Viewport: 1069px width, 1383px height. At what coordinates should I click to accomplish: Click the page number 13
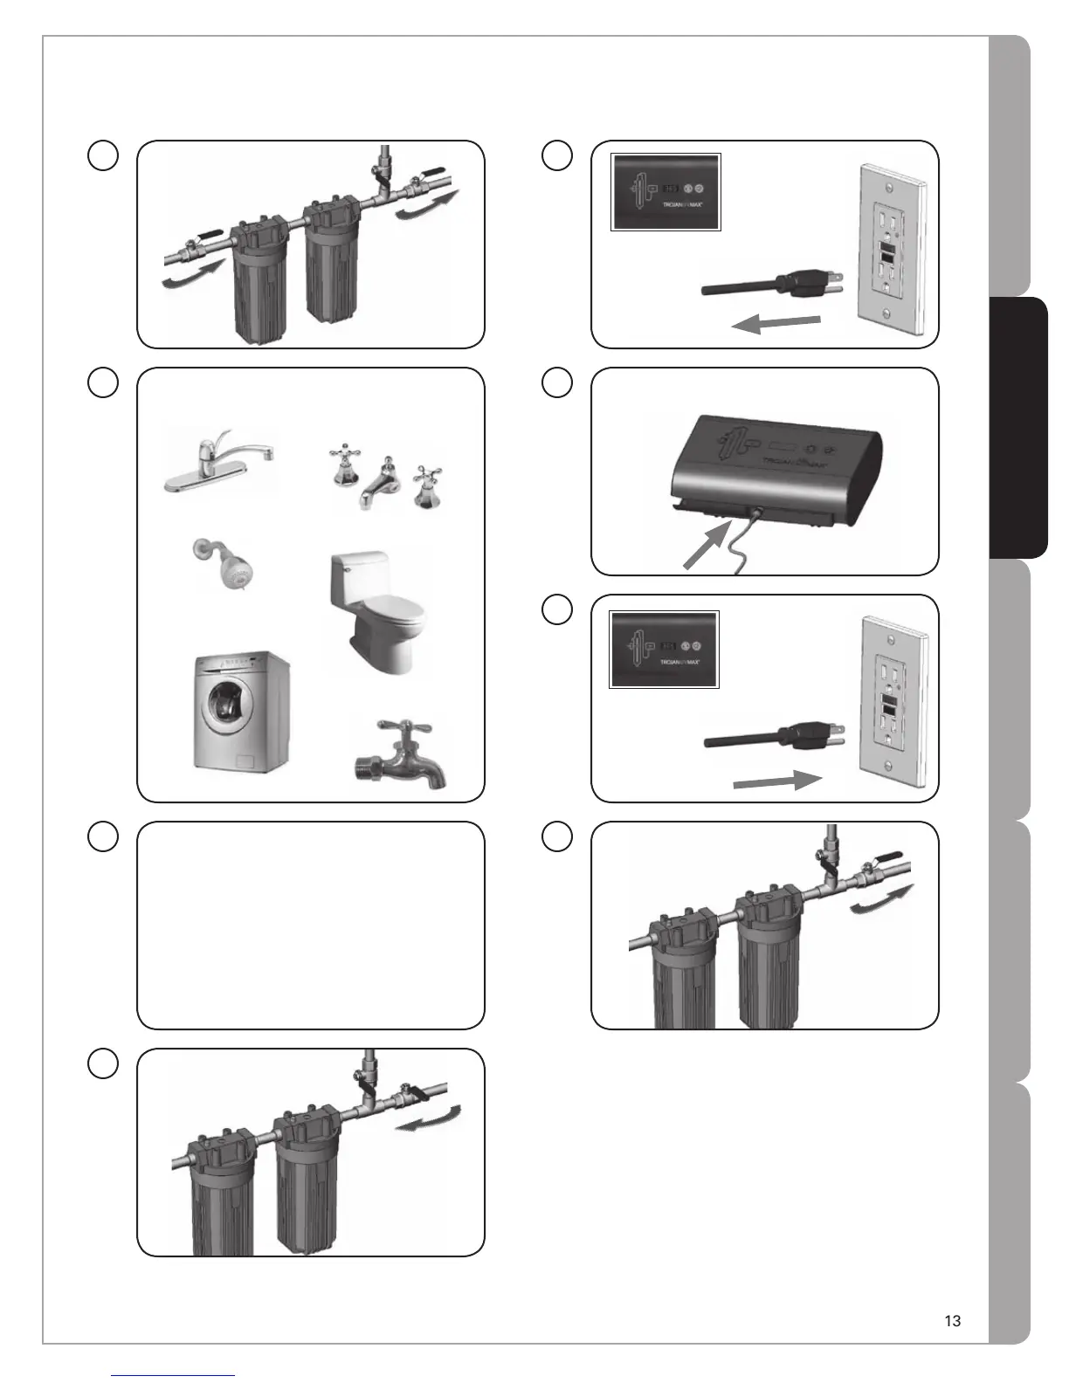[952, 1321]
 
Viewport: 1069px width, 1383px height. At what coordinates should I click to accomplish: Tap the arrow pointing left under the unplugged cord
[776, 324]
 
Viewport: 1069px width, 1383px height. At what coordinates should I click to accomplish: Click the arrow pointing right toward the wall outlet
[777, 780]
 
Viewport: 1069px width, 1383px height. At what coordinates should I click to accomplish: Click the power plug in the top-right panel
[807, 284]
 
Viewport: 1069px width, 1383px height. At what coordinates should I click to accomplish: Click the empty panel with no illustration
[310, 925]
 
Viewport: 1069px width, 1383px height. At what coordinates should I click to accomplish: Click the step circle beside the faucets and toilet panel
[103, 382]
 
